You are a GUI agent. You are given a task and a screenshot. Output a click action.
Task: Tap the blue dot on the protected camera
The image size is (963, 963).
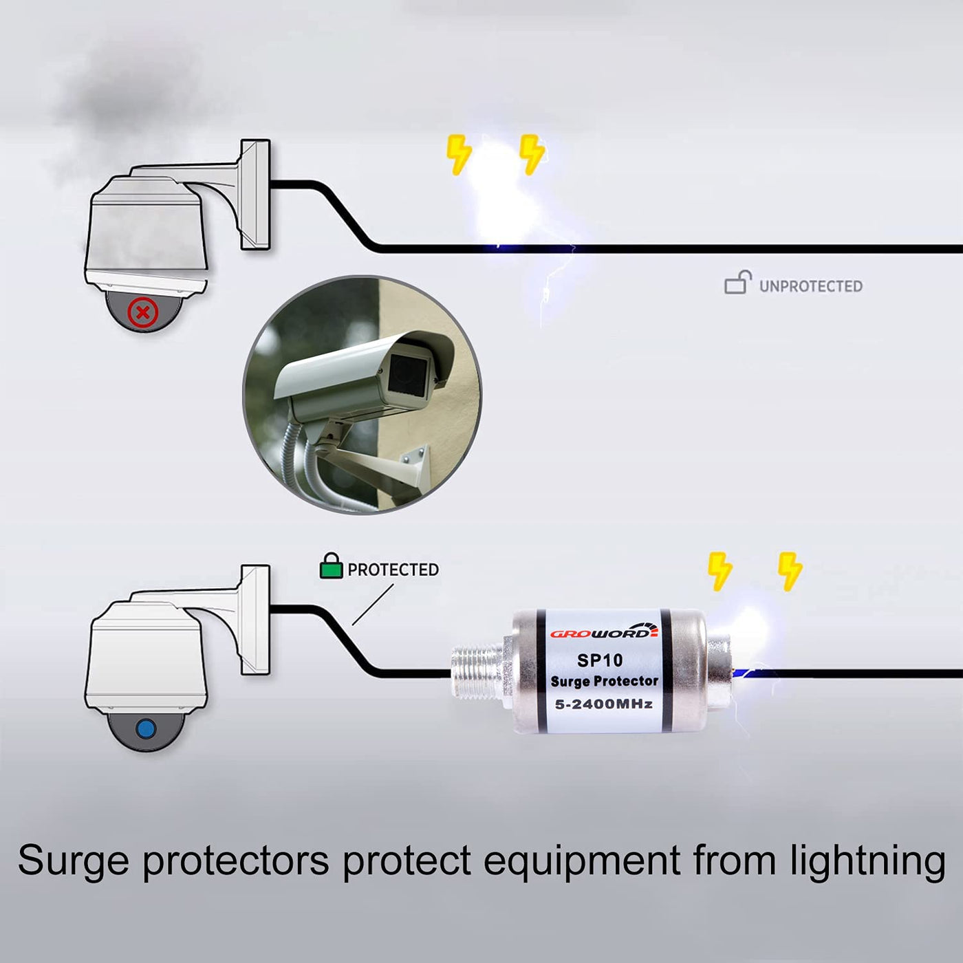[x=146, y=728]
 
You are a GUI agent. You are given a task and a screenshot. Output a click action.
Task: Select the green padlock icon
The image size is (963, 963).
[x=331, y=566]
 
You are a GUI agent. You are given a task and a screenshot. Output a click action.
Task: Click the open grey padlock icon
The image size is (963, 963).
[x=737, y=283]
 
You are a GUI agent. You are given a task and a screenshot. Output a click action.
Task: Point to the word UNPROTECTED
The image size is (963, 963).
[x=810, y=286]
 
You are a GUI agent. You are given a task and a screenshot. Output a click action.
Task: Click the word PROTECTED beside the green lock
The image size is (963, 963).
[x=393, y=570]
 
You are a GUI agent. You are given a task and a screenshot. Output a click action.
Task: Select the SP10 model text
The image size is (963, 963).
[x=600, y=660]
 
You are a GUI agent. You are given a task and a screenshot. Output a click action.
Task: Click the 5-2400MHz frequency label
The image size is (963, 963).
[x=604, y=704]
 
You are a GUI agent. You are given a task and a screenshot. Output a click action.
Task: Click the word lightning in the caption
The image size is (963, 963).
[x=868, y=861]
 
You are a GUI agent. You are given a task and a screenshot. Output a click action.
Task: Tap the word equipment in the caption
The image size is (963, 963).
[x=582, y=861]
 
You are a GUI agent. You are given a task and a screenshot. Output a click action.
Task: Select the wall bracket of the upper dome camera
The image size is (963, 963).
[x=254, y=194]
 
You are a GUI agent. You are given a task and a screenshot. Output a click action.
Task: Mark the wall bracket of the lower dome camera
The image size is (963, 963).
[x=254, y=619]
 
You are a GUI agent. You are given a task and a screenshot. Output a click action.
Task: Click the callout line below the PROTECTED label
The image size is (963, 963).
[x=373, y=605]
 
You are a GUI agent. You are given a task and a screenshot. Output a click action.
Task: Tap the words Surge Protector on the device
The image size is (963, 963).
[x=604, y=681]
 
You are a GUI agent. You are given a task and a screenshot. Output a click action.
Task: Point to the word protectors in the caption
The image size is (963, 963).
[x=235, y=861]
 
